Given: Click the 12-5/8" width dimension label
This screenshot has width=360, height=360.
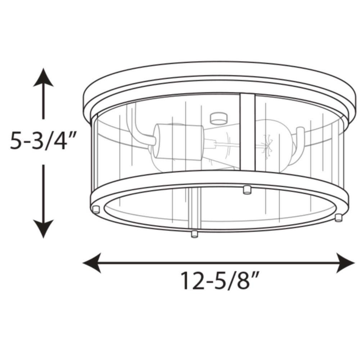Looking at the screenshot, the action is [220, 280].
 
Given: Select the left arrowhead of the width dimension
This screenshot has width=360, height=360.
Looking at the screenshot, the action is [92, 263].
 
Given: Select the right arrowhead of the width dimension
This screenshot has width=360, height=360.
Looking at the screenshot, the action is [346, 263].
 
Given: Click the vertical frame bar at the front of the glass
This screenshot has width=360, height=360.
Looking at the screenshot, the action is [248, 132].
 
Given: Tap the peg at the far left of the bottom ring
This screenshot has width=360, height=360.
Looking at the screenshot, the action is [96, 210].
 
